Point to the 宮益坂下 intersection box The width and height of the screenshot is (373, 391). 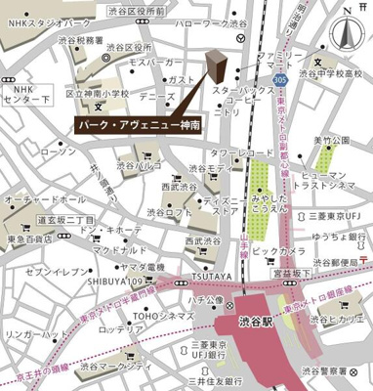point(293,275)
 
